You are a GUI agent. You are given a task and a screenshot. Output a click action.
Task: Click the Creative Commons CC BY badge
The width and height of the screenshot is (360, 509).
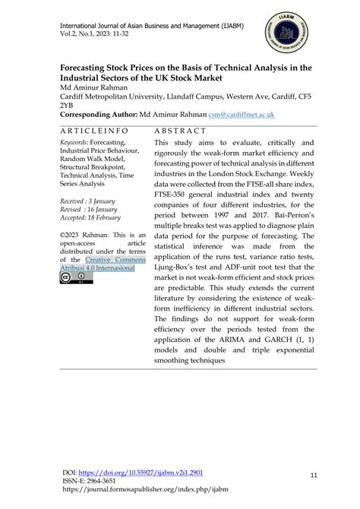[76, 279]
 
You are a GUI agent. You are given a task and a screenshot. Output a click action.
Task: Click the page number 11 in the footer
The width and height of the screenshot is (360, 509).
[314, 475]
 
